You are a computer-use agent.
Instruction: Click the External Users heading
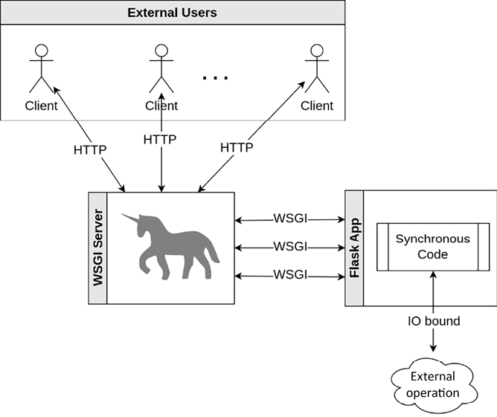point(173,13)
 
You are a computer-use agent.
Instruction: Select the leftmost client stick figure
point(41,68)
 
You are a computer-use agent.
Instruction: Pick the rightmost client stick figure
point(317,68)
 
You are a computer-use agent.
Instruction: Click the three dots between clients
point(217,77)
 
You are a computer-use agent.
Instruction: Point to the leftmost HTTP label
point(89,149)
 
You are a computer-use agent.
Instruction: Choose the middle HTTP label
point(160,139)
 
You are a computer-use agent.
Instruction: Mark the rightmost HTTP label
point(237,148)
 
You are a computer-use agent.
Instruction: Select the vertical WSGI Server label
point(97,248)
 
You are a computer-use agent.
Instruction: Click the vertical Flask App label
point(354,248)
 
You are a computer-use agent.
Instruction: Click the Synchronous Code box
point(432,247)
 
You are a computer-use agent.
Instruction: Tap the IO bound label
point(433,322)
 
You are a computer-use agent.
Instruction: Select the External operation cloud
point(432,384)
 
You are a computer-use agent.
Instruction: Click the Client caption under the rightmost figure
point(317,106)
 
